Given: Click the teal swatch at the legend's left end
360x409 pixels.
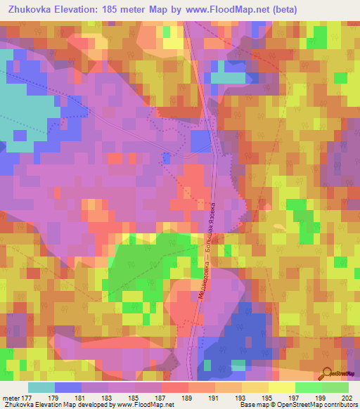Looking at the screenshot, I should [41, 387].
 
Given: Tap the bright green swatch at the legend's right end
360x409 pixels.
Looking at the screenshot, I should [335, 387].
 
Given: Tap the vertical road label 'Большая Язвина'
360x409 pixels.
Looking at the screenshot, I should [209, 225].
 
